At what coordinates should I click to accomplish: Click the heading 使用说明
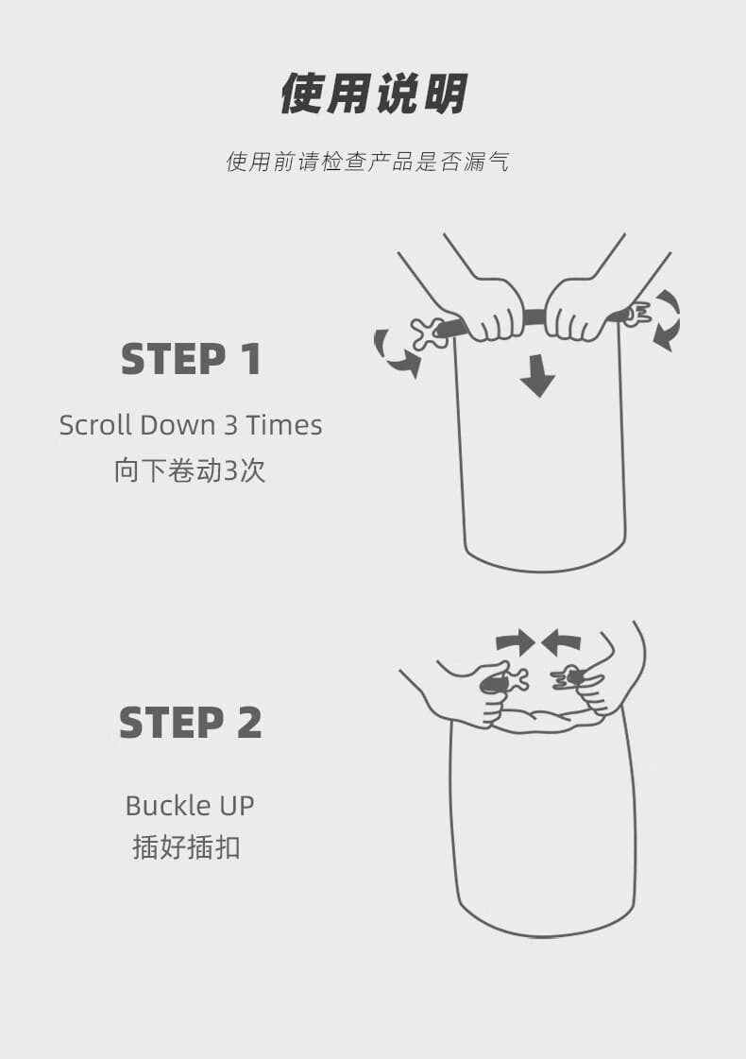tap(373, 94)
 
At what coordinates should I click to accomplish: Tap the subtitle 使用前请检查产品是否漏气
tap(368, 162)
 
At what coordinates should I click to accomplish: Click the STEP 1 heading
tap(191, 359)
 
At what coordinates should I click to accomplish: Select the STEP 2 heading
tap(191, 723)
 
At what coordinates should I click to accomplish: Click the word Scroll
tap(96, 425)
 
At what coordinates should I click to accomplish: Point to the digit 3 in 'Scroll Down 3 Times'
tap(231, 425)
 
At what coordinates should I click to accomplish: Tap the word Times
tap(283, 425)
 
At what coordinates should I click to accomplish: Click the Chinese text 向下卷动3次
tap(190, 470)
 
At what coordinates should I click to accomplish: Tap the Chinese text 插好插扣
tap(186, 847)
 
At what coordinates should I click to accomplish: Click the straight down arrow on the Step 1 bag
tap(538, 376)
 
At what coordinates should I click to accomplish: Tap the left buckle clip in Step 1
tap(430, 333)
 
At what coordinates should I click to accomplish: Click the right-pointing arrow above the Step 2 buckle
tap(515, 643)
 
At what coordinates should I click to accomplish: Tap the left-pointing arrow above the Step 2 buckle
tap(561, 643)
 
